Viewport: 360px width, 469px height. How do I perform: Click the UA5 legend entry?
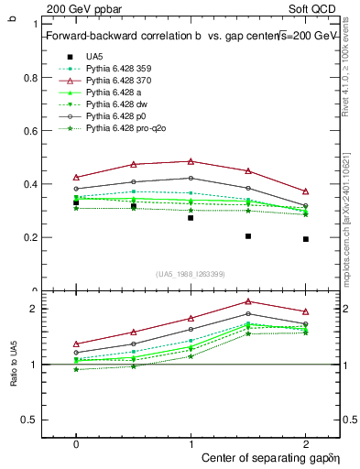point(94,57)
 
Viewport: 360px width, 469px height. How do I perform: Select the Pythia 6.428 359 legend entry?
point(120,69)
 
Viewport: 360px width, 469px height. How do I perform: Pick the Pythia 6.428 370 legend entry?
point(120,82)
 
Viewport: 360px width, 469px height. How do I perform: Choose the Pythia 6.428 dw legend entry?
point(118,105)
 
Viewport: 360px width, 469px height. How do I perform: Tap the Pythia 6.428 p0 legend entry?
point(117,117)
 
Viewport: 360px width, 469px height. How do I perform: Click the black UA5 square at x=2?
point(306,239)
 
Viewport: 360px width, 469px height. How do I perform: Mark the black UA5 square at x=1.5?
point(248,236)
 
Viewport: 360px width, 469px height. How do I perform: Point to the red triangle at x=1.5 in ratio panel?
point(248,301)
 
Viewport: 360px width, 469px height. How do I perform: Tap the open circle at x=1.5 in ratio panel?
point(248,314)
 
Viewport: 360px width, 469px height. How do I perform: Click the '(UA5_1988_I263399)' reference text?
point(191,274)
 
